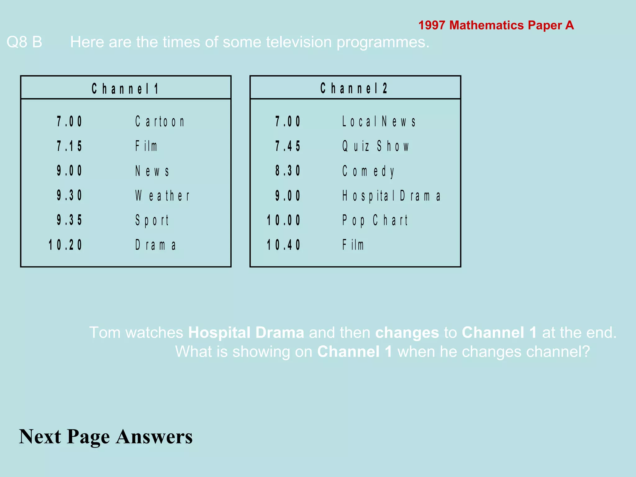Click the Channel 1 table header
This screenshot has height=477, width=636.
(x=125, y=89)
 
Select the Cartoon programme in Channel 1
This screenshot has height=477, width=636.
(x=160, y=121)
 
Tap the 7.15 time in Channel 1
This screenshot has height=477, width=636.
(x=69, y=146)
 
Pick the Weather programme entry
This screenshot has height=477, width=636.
(x=162, y=196)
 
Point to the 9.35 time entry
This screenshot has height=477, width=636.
(x=69, y=220)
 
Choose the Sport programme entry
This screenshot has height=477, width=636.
(x=152, y=220)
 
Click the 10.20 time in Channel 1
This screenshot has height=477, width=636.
(x=65, y=245)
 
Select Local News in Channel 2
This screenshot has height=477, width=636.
(x=379, y=121)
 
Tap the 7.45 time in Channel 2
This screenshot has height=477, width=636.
(x=288, y=146)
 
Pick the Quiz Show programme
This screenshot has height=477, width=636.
(x=376, y=146)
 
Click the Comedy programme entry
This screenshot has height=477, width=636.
(x=368, y=171)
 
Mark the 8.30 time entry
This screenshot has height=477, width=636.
(x=288, y=171)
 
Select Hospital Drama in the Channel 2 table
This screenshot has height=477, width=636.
(x=391, y=196)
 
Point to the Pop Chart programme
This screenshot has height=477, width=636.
(x=375, y=220)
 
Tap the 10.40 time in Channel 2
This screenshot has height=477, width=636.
(x=284, y=245)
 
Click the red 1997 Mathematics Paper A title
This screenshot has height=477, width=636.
(x=496, y=25)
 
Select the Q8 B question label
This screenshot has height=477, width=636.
(x=24, y=42)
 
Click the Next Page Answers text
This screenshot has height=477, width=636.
(x=106, y=437)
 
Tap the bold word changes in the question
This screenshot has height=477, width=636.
(x=407, y=333)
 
